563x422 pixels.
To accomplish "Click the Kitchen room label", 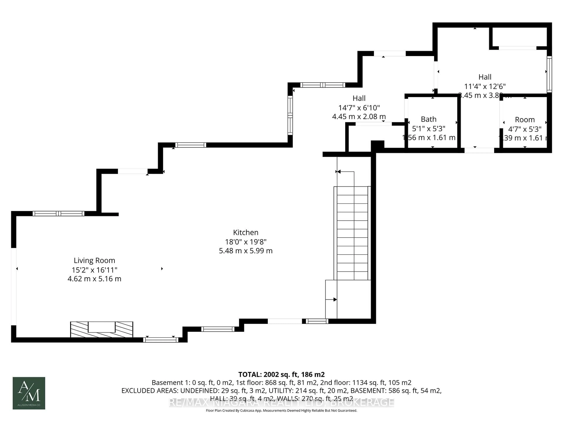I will [246, 232].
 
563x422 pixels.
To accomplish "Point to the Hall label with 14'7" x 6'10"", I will [359, 98].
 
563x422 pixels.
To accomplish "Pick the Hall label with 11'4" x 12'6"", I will [485, 77].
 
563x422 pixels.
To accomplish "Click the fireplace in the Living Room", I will [102, 330].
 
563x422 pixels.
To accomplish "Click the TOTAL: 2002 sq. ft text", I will [281, 374].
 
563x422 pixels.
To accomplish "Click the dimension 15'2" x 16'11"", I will [94, 270].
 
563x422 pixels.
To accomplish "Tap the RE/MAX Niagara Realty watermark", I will [281, 402].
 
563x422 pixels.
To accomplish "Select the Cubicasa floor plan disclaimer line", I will [281, 410].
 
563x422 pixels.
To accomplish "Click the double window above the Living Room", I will [58, 213].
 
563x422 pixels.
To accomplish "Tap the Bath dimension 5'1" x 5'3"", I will [429, 129].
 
